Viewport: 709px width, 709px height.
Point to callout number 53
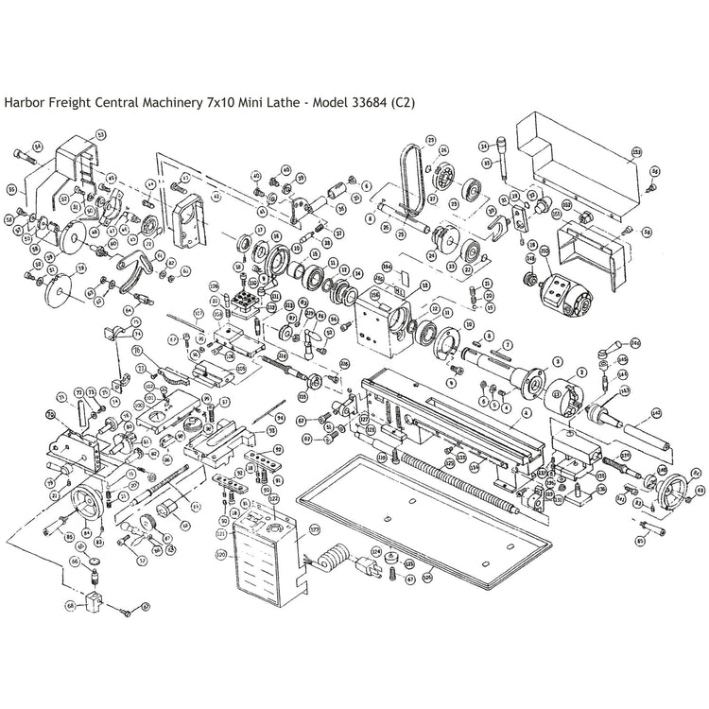pos(101,135)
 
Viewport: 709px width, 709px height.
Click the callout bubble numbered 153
pos(637,151)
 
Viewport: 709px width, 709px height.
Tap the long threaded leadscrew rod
pos(454,473)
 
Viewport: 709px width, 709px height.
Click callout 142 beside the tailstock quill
pos(655,412)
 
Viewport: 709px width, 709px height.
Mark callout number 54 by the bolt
pos(38,147)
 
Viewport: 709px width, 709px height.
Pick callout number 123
pos(315,528)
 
